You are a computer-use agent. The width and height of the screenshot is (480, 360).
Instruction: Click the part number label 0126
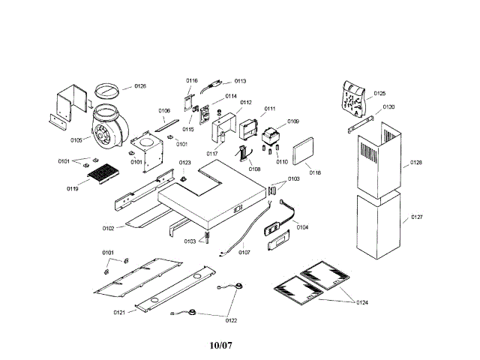(139, 86)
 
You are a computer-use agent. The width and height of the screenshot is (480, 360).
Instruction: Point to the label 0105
(76, 139)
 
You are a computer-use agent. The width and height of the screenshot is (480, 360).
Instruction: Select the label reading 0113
(240, 80)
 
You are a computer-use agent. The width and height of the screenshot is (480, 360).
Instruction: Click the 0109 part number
(292, 121)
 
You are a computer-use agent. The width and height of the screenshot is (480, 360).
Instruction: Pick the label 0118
(314, 172)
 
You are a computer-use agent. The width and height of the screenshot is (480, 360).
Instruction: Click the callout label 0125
(379, 94)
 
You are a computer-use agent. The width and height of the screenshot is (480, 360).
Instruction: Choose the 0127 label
(416, 219)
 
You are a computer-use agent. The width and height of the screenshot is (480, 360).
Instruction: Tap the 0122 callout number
(231, 320)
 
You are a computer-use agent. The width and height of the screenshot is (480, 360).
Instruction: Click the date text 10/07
(223, 346)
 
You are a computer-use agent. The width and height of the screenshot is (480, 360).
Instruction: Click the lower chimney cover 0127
(380, 225)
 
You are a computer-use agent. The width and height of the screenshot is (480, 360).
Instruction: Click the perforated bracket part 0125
(352, 97)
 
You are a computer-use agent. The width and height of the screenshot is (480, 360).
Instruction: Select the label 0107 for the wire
(244, 252)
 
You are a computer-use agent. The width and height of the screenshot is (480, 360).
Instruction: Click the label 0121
(119, 311)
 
